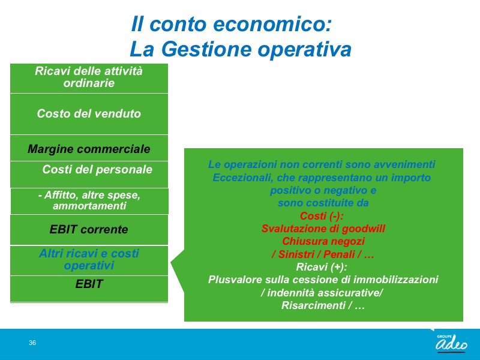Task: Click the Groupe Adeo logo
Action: (452, 343)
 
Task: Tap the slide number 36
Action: (32, 343)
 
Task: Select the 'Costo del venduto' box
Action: (89, 114)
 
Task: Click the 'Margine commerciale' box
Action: (89, 148)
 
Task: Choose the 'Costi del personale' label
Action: (97, 169)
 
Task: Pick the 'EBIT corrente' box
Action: (89, 230)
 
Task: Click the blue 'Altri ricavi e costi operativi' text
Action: (89, 259)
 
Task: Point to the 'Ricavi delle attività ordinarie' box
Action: (89, 79)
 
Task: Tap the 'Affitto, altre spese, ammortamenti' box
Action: (89, 201)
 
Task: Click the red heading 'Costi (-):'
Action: (322, 216)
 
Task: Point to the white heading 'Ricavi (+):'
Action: (322, 267)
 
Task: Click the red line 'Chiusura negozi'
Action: (323, 241)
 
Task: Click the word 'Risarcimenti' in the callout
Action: (313, 305)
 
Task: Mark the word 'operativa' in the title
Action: (305, 50)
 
